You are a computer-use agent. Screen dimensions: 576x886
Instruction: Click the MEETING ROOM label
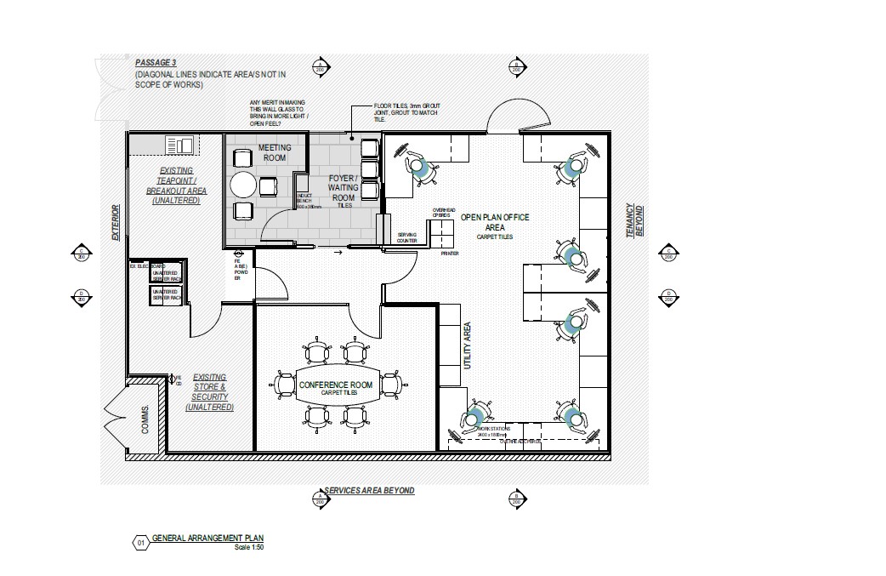(x=275, y=152)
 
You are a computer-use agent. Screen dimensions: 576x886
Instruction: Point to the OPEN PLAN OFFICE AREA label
(x=495, y=222)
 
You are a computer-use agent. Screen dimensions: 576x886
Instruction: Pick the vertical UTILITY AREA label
(x=467, y=345)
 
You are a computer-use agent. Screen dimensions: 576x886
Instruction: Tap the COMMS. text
(x=145, y=420)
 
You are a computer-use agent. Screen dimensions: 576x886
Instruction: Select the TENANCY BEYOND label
(x=634, y=220)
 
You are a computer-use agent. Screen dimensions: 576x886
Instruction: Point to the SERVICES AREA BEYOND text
(x=369, y=491)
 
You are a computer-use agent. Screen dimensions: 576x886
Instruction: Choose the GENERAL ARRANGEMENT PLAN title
(x=207, y=539)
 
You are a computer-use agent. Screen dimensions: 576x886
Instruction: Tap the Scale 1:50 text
(x=248, y=547)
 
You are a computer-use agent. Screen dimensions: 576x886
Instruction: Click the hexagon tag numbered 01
(x=140, y=540)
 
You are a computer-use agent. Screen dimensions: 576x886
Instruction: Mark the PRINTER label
(x=450, y=253)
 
